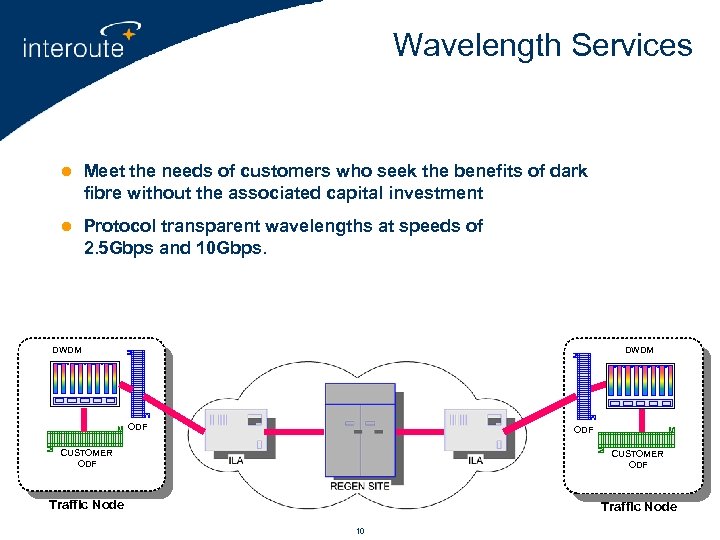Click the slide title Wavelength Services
tap(542, 45)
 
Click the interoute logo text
tap(73, 48)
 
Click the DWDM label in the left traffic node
tap(67, 350)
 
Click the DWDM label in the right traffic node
tap(639, 350)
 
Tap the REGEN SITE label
tap(360, 486)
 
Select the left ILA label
tap(236, 460)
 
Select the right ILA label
tap(476, 460)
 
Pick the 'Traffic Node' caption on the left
tap(86, 505)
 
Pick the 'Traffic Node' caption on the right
tap(638, 506)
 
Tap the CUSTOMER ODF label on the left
tap(86, 458)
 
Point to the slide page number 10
tap(360, 530)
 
